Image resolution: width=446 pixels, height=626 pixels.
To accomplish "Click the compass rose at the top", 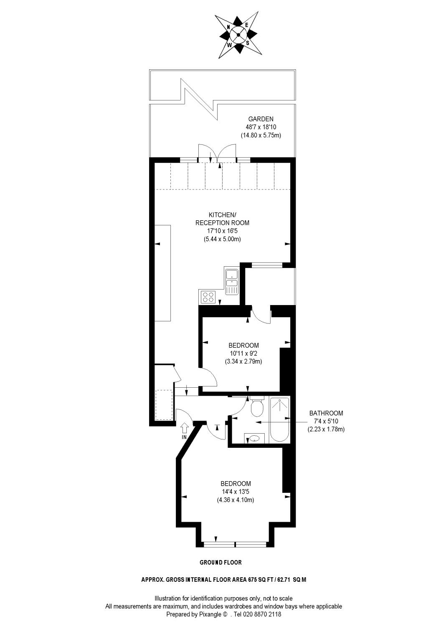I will (239, 35).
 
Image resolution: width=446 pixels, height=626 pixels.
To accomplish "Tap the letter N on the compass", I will (228, 27).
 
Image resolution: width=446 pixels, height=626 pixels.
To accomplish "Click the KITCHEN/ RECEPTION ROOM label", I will (222, 219).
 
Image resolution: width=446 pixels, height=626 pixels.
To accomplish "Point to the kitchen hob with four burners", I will (208, 297).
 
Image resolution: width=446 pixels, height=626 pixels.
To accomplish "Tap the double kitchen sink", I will (231, 282).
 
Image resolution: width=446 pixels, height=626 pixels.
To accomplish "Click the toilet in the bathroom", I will (256, 407).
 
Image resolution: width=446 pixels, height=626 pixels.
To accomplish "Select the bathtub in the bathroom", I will (279, 419).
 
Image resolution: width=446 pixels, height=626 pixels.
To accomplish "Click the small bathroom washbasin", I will (254, 439).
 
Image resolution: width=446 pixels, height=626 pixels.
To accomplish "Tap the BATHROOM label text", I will (326, 413).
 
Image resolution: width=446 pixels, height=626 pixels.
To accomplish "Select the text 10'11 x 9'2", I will (243, 353).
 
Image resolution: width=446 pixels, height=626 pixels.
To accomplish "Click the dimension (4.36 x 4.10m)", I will (236, 500).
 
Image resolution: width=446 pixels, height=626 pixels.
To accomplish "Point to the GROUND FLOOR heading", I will (220, 563).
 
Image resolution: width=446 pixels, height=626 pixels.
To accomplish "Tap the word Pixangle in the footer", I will (209, 614).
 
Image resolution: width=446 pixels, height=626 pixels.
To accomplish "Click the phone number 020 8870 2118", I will (261, 614).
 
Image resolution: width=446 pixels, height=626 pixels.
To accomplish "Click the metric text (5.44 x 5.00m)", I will (222, 239).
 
